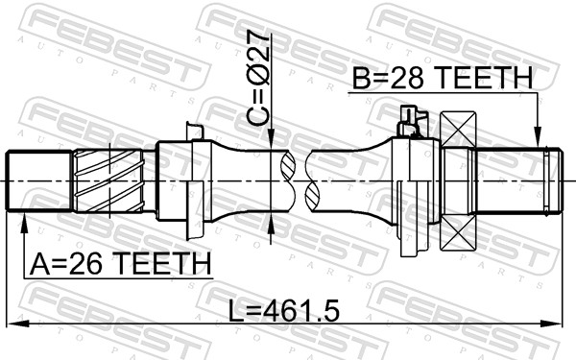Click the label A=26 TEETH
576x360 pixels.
coord(119,262)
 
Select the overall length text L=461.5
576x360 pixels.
coord(274,310)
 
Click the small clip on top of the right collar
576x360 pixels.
coord(410,120)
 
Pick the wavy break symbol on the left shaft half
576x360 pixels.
coord(285,181)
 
